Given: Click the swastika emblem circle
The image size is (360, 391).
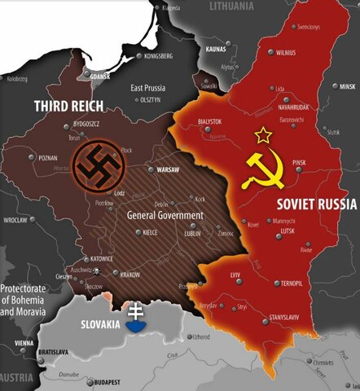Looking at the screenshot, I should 97,164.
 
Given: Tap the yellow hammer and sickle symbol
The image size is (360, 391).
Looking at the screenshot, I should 266,168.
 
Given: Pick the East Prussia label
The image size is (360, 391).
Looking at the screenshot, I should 153,87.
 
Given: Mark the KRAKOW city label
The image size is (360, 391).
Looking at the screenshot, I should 130,275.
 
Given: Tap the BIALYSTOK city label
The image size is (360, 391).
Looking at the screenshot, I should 209,121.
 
